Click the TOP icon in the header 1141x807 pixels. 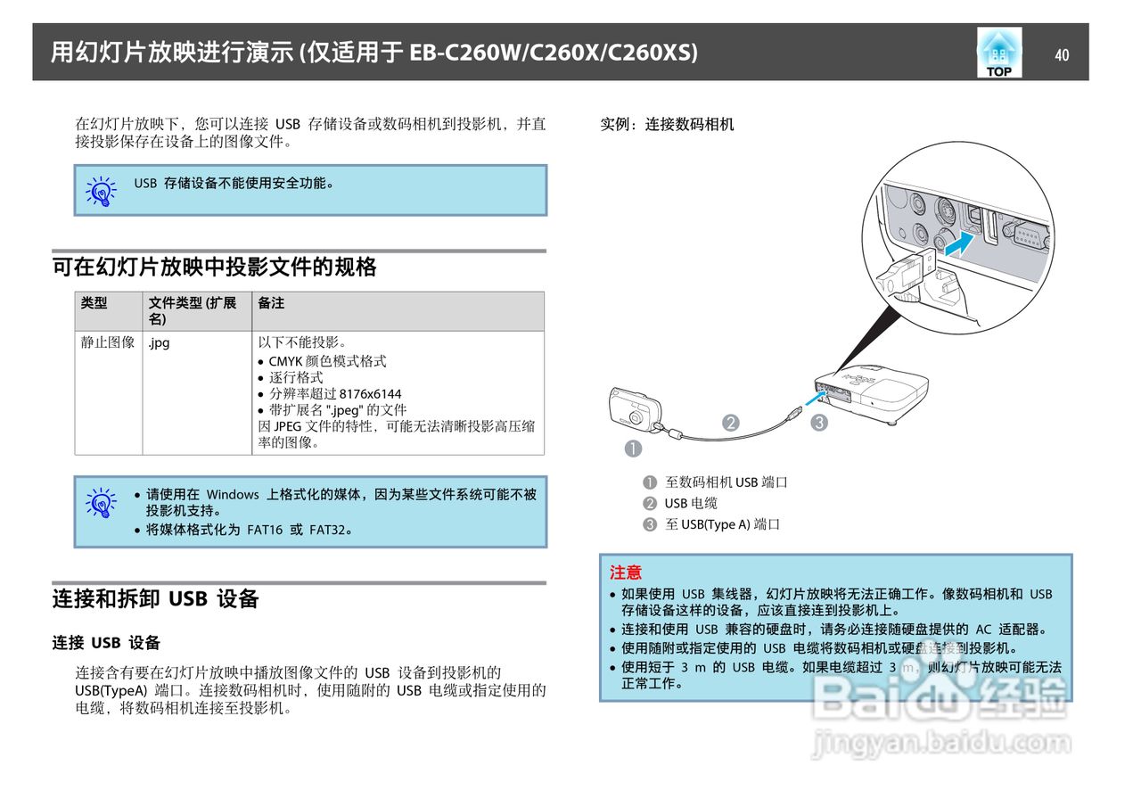999,53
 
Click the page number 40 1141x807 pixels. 1061,55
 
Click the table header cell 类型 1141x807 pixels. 94,303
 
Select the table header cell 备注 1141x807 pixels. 271,303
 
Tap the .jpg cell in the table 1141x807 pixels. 160,342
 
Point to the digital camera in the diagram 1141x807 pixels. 635,410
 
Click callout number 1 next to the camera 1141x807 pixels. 633,449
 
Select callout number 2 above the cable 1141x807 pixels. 731,424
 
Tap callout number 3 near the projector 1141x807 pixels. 819,424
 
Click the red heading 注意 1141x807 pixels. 626,572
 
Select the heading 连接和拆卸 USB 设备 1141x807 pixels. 155,599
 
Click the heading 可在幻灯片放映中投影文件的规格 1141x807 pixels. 214,267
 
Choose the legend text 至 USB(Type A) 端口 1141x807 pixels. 722,524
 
